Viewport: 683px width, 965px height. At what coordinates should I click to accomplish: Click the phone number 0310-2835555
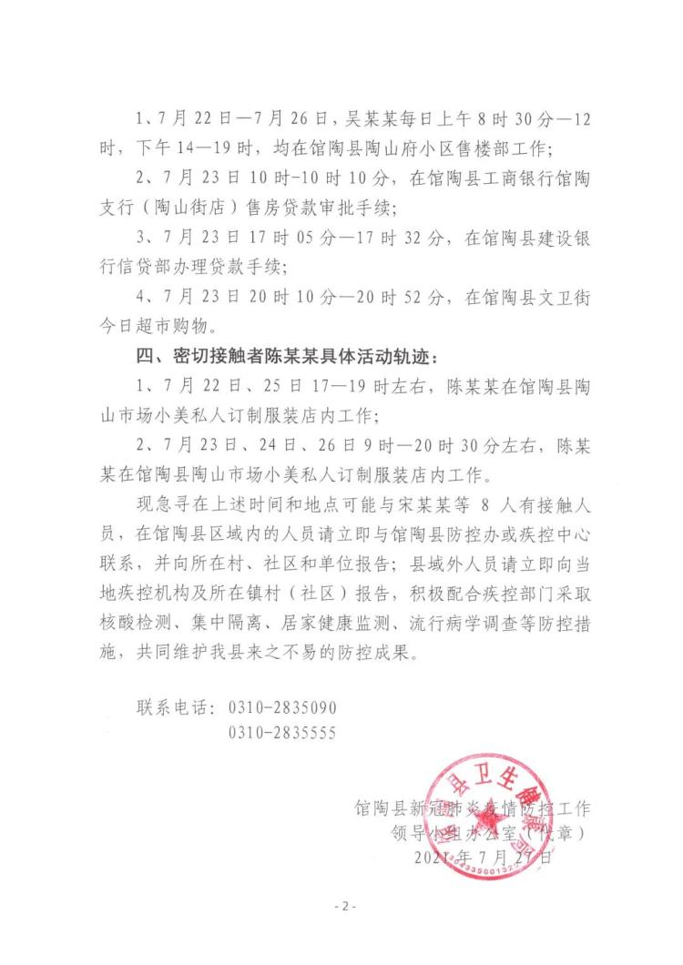coord(282,733)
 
